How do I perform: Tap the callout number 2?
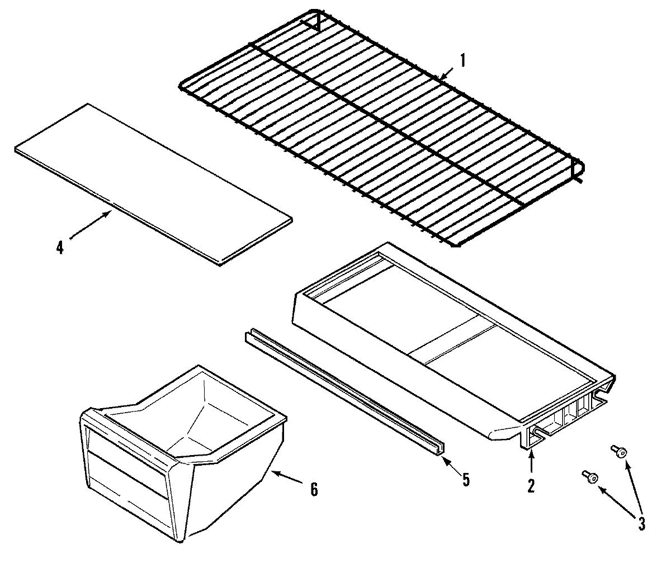(x=530, y=485)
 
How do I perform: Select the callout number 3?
(x=641, y=523)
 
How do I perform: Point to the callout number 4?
(x=60, y=247)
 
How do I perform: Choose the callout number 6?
(x=314, y=490)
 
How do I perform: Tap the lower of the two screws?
(x=590, y=476)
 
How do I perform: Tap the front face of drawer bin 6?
(x=129, y=475)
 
